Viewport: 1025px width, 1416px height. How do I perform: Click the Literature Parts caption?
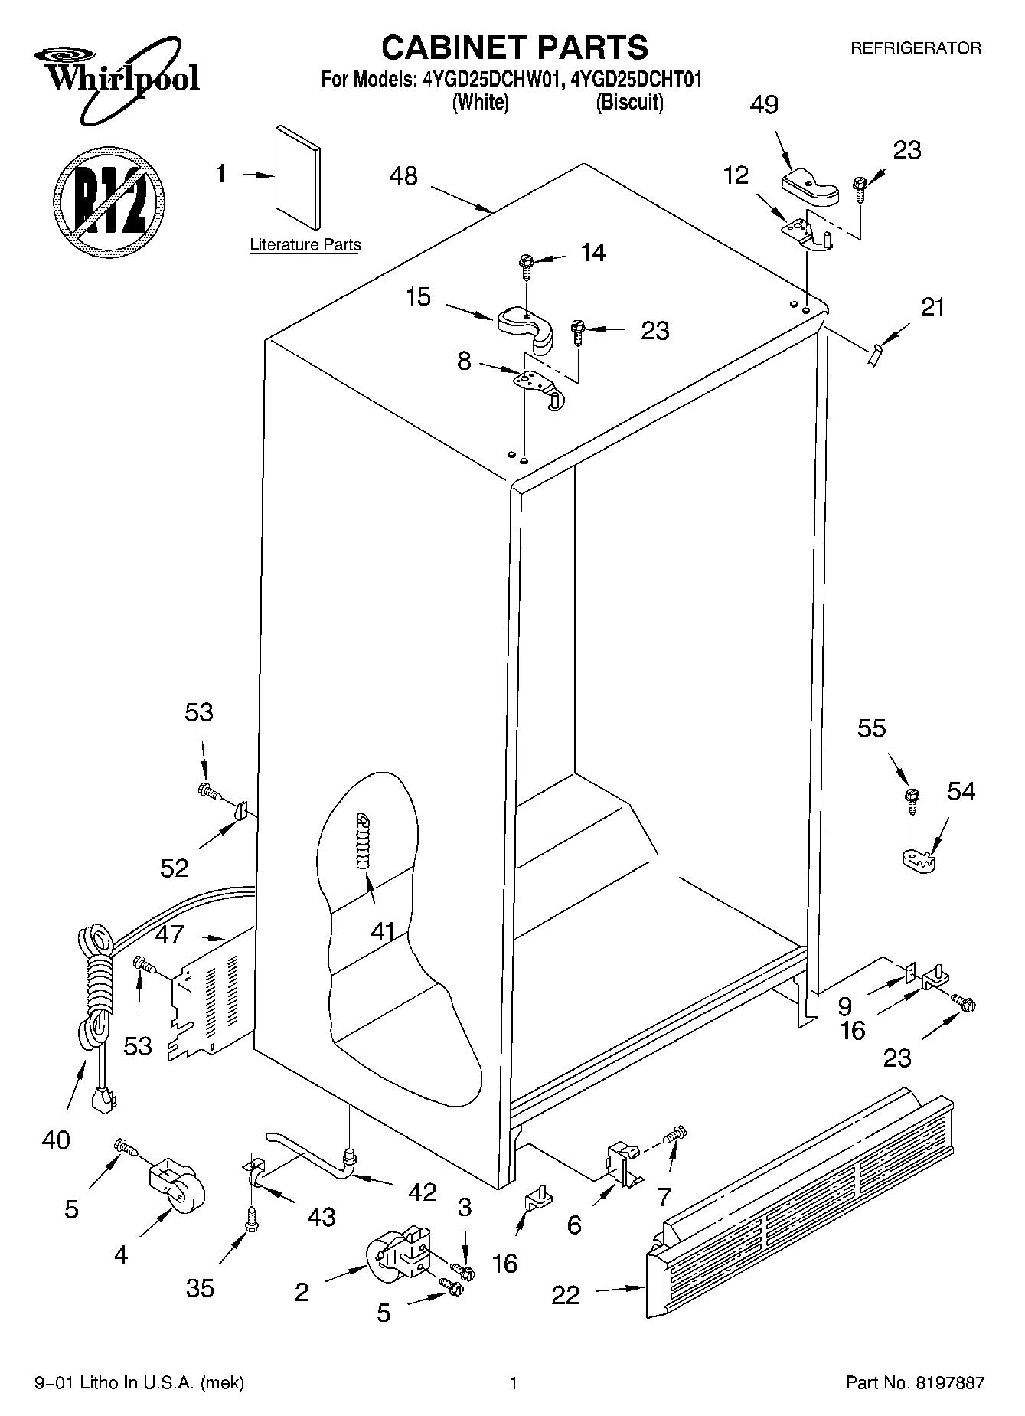point(305,245)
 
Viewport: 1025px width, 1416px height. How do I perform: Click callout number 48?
point(403,176)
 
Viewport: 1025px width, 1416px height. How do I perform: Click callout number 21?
point(932,307)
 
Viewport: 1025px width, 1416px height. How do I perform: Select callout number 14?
point(592,253)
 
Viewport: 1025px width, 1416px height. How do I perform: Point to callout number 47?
point(169,934)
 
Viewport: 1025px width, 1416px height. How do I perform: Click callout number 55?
point(871,728)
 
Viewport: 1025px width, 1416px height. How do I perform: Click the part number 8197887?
point(948,1383)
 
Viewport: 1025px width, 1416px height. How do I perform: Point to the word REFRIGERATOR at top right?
point(916,48)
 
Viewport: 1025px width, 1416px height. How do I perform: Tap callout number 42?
point(422,1192)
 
